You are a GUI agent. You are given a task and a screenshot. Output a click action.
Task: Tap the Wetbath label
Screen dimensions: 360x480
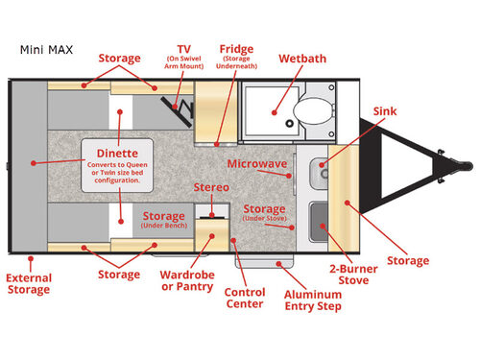coord(301,59)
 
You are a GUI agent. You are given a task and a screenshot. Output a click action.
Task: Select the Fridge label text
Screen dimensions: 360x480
coord(236,49)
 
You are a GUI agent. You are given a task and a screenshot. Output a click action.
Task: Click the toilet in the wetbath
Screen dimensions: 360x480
coord(310,112)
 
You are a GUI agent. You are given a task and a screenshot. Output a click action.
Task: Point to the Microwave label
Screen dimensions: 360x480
coord(257,164)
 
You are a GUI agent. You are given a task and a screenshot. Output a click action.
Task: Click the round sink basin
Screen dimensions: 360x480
coord(322,174)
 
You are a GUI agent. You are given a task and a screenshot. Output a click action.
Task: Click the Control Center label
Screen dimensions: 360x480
coord(245,298)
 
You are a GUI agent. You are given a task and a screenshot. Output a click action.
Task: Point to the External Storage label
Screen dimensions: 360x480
coord(29,285)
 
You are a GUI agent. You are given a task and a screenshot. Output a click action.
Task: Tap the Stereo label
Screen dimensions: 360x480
coord(211,186)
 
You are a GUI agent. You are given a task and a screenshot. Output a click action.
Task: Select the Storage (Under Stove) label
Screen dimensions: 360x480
coord(264,213)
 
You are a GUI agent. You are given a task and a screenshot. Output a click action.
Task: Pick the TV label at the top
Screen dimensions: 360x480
coord(183,49)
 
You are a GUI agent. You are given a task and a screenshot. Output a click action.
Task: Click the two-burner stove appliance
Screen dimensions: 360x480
coord(321,220)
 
